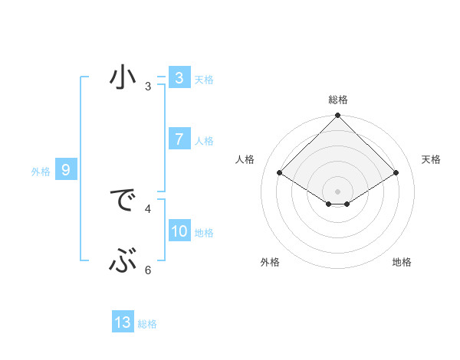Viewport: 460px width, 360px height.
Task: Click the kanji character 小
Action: tap(123, 79)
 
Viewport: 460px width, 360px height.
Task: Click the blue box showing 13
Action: tap(123, 322)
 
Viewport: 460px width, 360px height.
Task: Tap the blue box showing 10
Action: tap(179, 232)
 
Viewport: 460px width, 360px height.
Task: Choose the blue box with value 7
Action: tap(179, 139)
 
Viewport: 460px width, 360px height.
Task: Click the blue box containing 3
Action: tap(179, 78)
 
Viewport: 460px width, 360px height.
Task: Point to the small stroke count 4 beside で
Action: tap(148, 208)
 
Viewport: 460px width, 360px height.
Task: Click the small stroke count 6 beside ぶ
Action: tap(148, 269)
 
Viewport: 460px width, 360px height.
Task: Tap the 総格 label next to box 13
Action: tap(147, 324)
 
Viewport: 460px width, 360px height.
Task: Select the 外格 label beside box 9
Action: tap(41, 172)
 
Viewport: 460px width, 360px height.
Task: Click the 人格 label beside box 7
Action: tap(204, 141)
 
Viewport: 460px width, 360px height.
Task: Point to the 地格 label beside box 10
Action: tap(204, 233)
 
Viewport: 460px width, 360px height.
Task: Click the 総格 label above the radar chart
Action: tap(337, 100)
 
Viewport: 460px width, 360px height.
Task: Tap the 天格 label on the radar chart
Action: tap(432, 159)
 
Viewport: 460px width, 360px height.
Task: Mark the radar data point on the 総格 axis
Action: tap(337, 116)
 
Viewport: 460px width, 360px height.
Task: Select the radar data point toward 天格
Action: tap(396, 173)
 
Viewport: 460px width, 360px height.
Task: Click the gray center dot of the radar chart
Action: tap(337, 191)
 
